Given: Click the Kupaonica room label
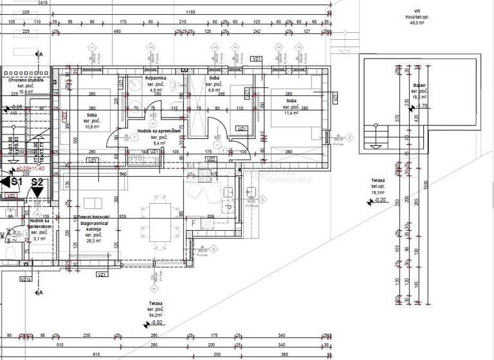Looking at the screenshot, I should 156,78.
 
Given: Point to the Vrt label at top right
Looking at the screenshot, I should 417,11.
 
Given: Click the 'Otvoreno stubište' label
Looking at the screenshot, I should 26,80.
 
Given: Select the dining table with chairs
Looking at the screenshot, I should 157,220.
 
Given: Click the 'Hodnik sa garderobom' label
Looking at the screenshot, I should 41,224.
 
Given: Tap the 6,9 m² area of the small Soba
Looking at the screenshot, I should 213,91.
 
